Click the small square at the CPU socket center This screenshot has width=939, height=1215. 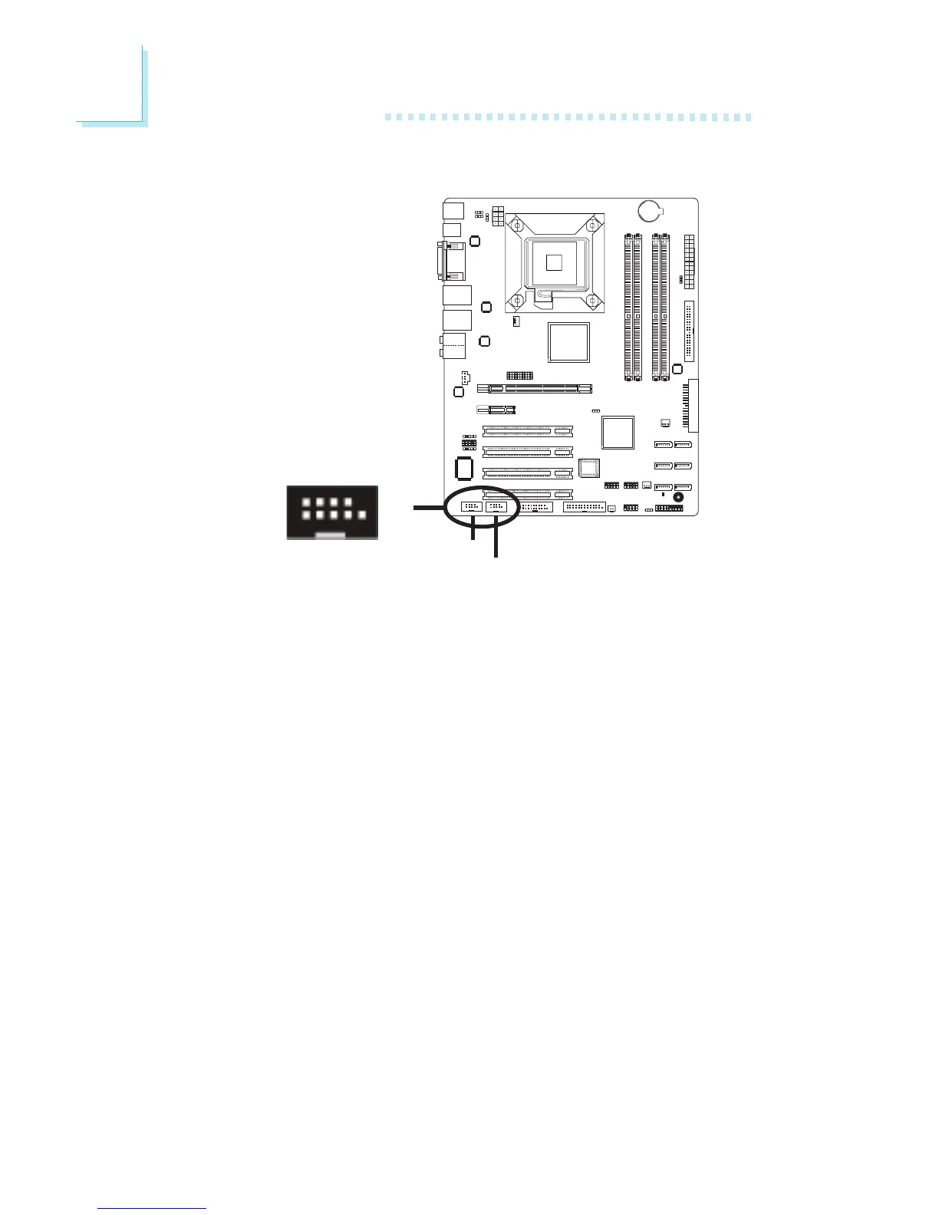point(554,262)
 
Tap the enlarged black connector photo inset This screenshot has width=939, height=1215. point(332,512)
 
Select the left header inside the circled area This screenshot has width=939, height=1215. point(471,506)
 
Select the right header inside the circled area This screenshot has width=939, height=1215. point(496,506)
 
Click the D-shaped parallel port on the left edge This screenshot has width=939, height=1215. point(452,261)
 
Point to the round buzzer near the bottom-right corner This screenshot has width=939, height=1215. point(677,497)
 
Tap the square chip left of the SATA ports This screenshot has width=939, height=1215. point(618,433)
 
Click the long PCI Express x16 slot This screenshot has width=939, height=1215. point(535,390)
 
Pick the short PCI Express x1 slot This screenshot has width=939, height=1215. point(496,410)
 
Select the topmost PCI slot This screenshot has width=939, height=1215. point(527,431)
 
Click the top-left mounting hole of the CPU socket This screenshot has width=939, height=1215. point(518,226)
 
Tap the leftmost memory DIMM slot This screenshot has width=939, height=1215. point(628,307)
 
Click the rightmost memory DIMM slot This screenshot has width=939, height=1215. point(664,307)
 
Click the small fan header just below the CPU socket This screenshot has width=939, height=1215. point(516,321)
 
